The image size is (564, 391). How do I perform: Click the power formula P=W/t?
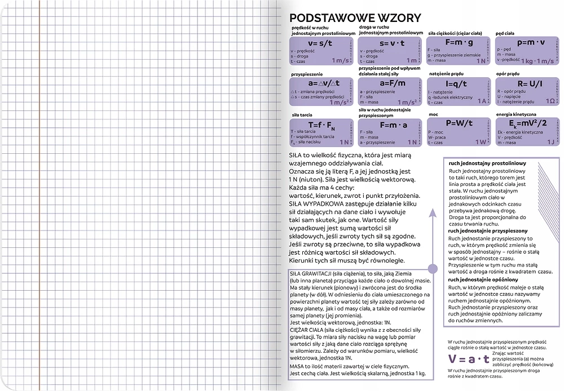pyautogui.click(x=459, y=123)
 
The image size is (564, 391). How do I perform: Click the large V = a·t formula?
pyautogui.click(x=468, y=359)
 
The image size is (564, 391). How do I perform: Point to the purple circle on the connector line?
pyautogui.click(x=433, y=269)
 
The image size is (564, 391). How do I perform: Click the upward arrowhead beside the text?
pyautogui.click(x=433, y=213)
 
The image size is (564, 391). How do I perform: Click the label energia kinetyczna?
pyautogui.click(x=515, y=115)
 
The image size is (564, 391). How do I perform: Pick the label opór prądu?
pyautogui.click(x=507, y=74)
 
